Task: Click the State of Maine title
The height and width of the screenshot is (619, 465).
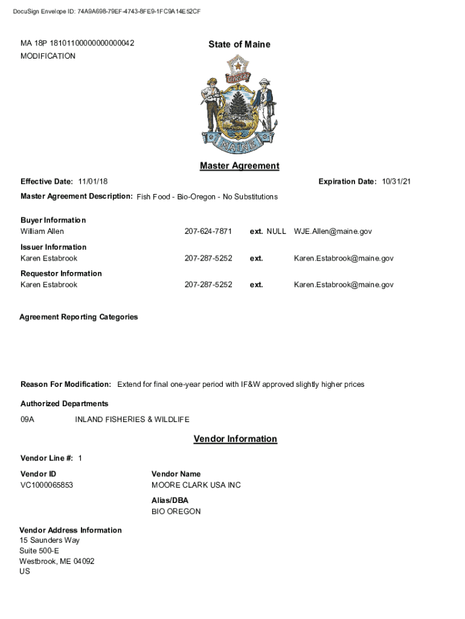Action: click(x=239, y=44)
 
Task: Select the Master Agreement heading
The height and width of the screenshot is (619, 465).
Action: click(x=239, y=166)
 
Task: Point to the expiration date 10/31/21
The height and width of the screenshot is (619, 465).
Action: click(x=396, y=181)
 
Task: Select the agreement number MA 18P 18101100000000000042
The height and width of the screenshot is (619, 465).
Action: click(x=77, y=44)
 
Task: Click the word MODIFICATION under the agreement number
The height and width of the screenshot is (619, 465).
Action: click(x=48, y=56)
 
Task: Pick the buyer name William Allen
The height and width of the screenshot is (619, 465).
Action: click(x=42, y=232)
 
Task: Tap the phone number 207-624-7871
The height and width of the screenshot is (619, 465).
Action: click(x=208, y=232)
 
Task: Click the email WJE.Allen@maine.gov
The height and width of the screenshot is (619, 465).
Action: click(x=333, y=232)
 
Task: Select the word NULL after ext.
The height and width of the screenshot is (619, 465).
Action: click(x=276, y=232)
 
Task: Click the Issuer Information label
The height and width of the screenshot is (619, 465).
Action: click(x=53, y=247)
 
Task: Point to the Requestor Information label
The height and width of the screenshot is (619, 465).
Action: click(x=61, y=273)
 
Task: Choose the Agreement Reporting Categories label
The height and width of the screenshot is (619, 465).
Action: click(x=79, y=317)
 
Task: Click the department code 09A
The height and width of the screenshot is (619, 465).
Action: click(x=27, y=420)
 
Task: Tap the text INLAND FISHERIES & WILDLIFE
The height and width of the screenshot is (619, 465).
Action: click(x=132, y=420)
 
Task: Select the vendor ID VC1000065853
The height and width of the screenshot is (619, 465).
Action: click(x=46, y=485)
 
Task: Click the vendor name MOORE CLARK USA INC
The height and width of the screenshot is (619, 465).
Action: click(x=196, y=485)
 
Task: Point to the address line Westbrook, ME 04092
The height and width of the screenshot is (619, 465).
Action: click(x=57, y=561)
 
